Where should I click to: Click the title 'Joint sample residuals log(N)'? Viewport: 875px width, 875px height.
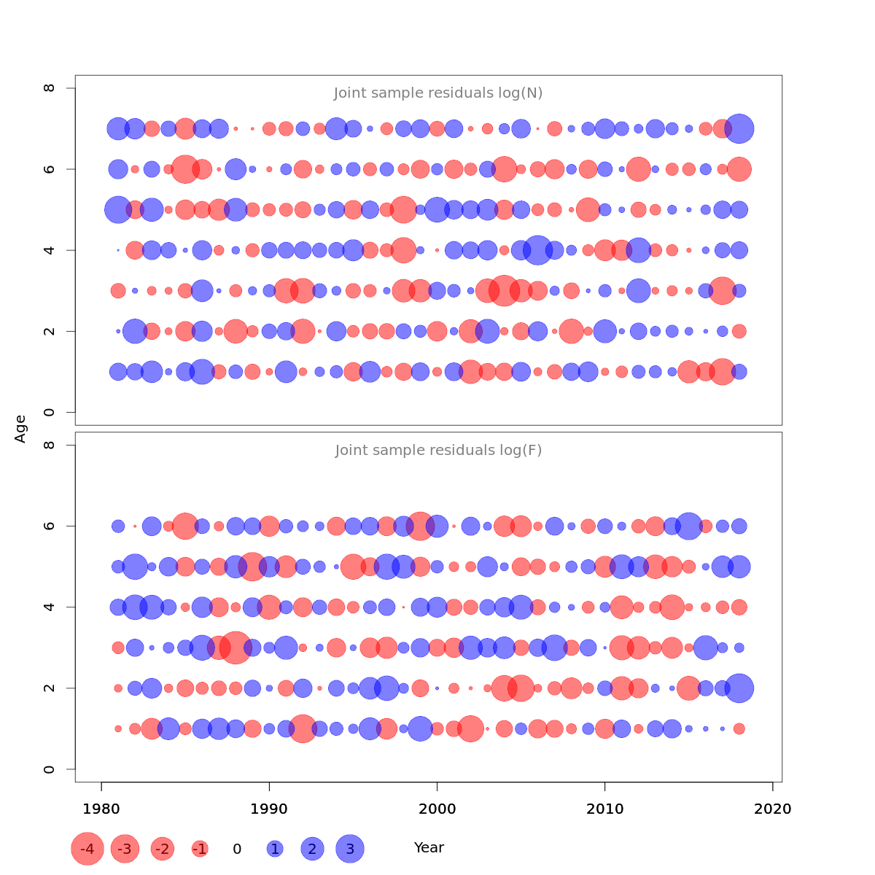[438, 93]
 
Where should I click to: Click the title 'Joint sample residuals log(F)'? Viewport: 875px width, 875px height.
[438, 451]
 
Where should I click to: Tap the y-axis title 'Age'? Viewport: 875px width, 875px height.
[20, 429]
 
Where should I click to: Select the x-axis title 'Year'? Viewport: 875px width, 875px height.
[429, 848]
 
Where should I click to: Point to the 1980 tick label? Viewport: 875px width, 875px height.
[101, 809]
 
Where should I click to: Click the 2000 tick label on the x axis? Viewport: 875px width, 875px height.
[437, 809]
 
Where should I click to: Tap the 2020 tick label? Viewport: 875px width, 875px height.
[773, 809]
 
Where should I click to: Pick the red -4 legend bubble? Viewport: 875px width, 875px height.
[87, 849]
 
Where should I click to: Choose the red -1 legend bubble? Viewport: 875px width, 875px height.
[200, 849]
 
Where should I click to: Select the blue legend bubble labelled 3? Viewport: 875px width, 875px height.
[350, 849]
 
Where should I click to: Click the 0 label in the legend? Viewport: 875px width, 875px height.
[237, 849]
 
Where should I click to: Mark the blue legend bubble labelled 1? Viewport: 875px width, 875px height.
[275, 849]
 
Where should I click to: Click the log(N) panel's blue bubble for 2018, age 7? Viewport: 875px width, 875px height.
[739, 129]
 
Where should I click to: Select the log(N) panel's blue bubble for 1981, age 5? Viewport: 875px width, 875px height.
[118, 210]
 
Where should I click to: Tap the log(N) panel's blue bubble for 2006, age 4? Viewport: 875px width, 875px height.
[537, 250]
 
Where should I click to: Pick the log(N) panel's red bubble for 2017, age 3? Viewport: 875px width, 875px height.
[723, 290]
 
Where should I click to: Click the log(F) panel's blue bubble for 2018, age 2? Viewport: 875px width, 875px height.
[739, 688]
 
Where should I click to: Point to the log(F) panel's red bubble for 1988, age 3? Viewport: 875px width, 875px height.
[236, 647]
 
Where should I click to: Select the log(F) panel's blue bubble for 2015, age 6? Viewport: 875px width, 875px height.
[689, 526]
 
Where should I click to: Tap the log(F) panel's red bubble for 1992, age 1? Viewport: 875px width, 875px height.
[303, 728]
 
